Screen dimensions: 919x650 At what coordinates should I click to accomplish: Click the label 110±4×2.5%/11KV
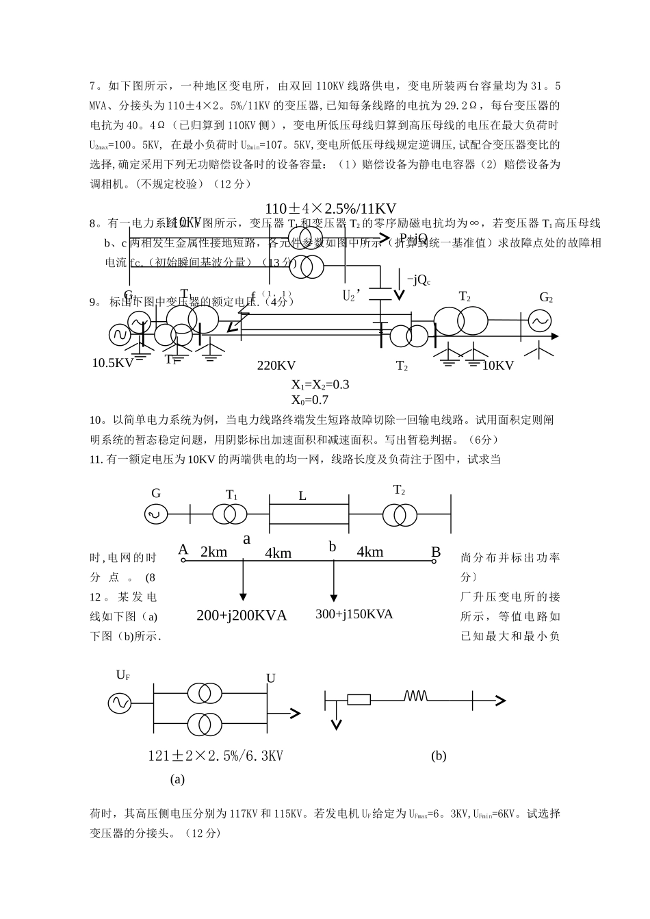pos(330,208)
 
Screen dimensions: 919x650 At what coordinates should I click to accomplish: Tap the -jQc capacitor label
pos(418,279)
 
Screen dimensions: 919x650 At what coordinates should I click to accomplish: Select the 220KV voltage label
pos(276,366)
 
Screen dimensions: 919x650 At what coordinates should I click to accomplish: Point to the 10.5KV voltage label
pos(113,364)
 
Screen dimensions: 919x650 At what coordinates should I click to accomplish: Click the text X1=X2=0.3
pos(320,385)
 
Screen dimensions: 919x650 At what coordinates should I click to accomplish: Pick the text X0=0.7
pos(310,400)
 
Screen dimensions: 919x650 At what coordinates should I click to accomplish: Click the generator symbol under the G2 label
pos(539,320)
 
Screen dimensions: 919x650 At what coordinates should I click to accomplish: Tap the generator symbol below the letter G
pos(155,514)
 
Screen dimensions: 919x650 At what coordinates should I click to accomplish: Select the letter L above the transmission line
pos(302,496)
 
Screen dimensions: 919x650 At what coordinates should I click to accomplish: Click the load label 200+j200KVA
pos(242,616)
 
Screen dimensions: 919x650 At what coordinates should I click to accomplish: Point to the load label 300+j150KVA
pos(354,614)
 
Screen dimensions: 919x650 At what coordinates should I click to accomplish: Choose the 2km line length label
pos(213,552)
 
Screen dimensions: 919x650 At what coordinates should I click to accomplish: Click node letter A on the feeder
pos(183,550)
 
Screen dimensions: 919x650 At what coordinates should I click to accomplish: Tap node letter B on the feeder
pos(436,552)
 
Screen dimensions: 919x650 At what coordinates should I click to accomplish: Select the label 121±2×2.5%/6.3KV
pos(216,756)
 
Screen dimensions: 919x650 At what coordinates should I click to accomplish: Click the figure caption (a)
pos(177,779)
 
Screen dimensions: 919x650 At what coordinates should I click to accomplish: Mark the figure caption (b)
pos(439,756)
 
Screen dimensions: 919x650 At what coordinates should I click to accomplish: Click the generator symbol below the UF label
pos(120,703)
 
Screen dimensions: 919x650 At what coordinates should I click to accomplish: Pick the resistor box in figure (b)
pos(359,699)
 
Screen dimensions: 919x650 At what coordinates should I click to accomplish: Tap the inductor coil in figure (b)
pos(415,696)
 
